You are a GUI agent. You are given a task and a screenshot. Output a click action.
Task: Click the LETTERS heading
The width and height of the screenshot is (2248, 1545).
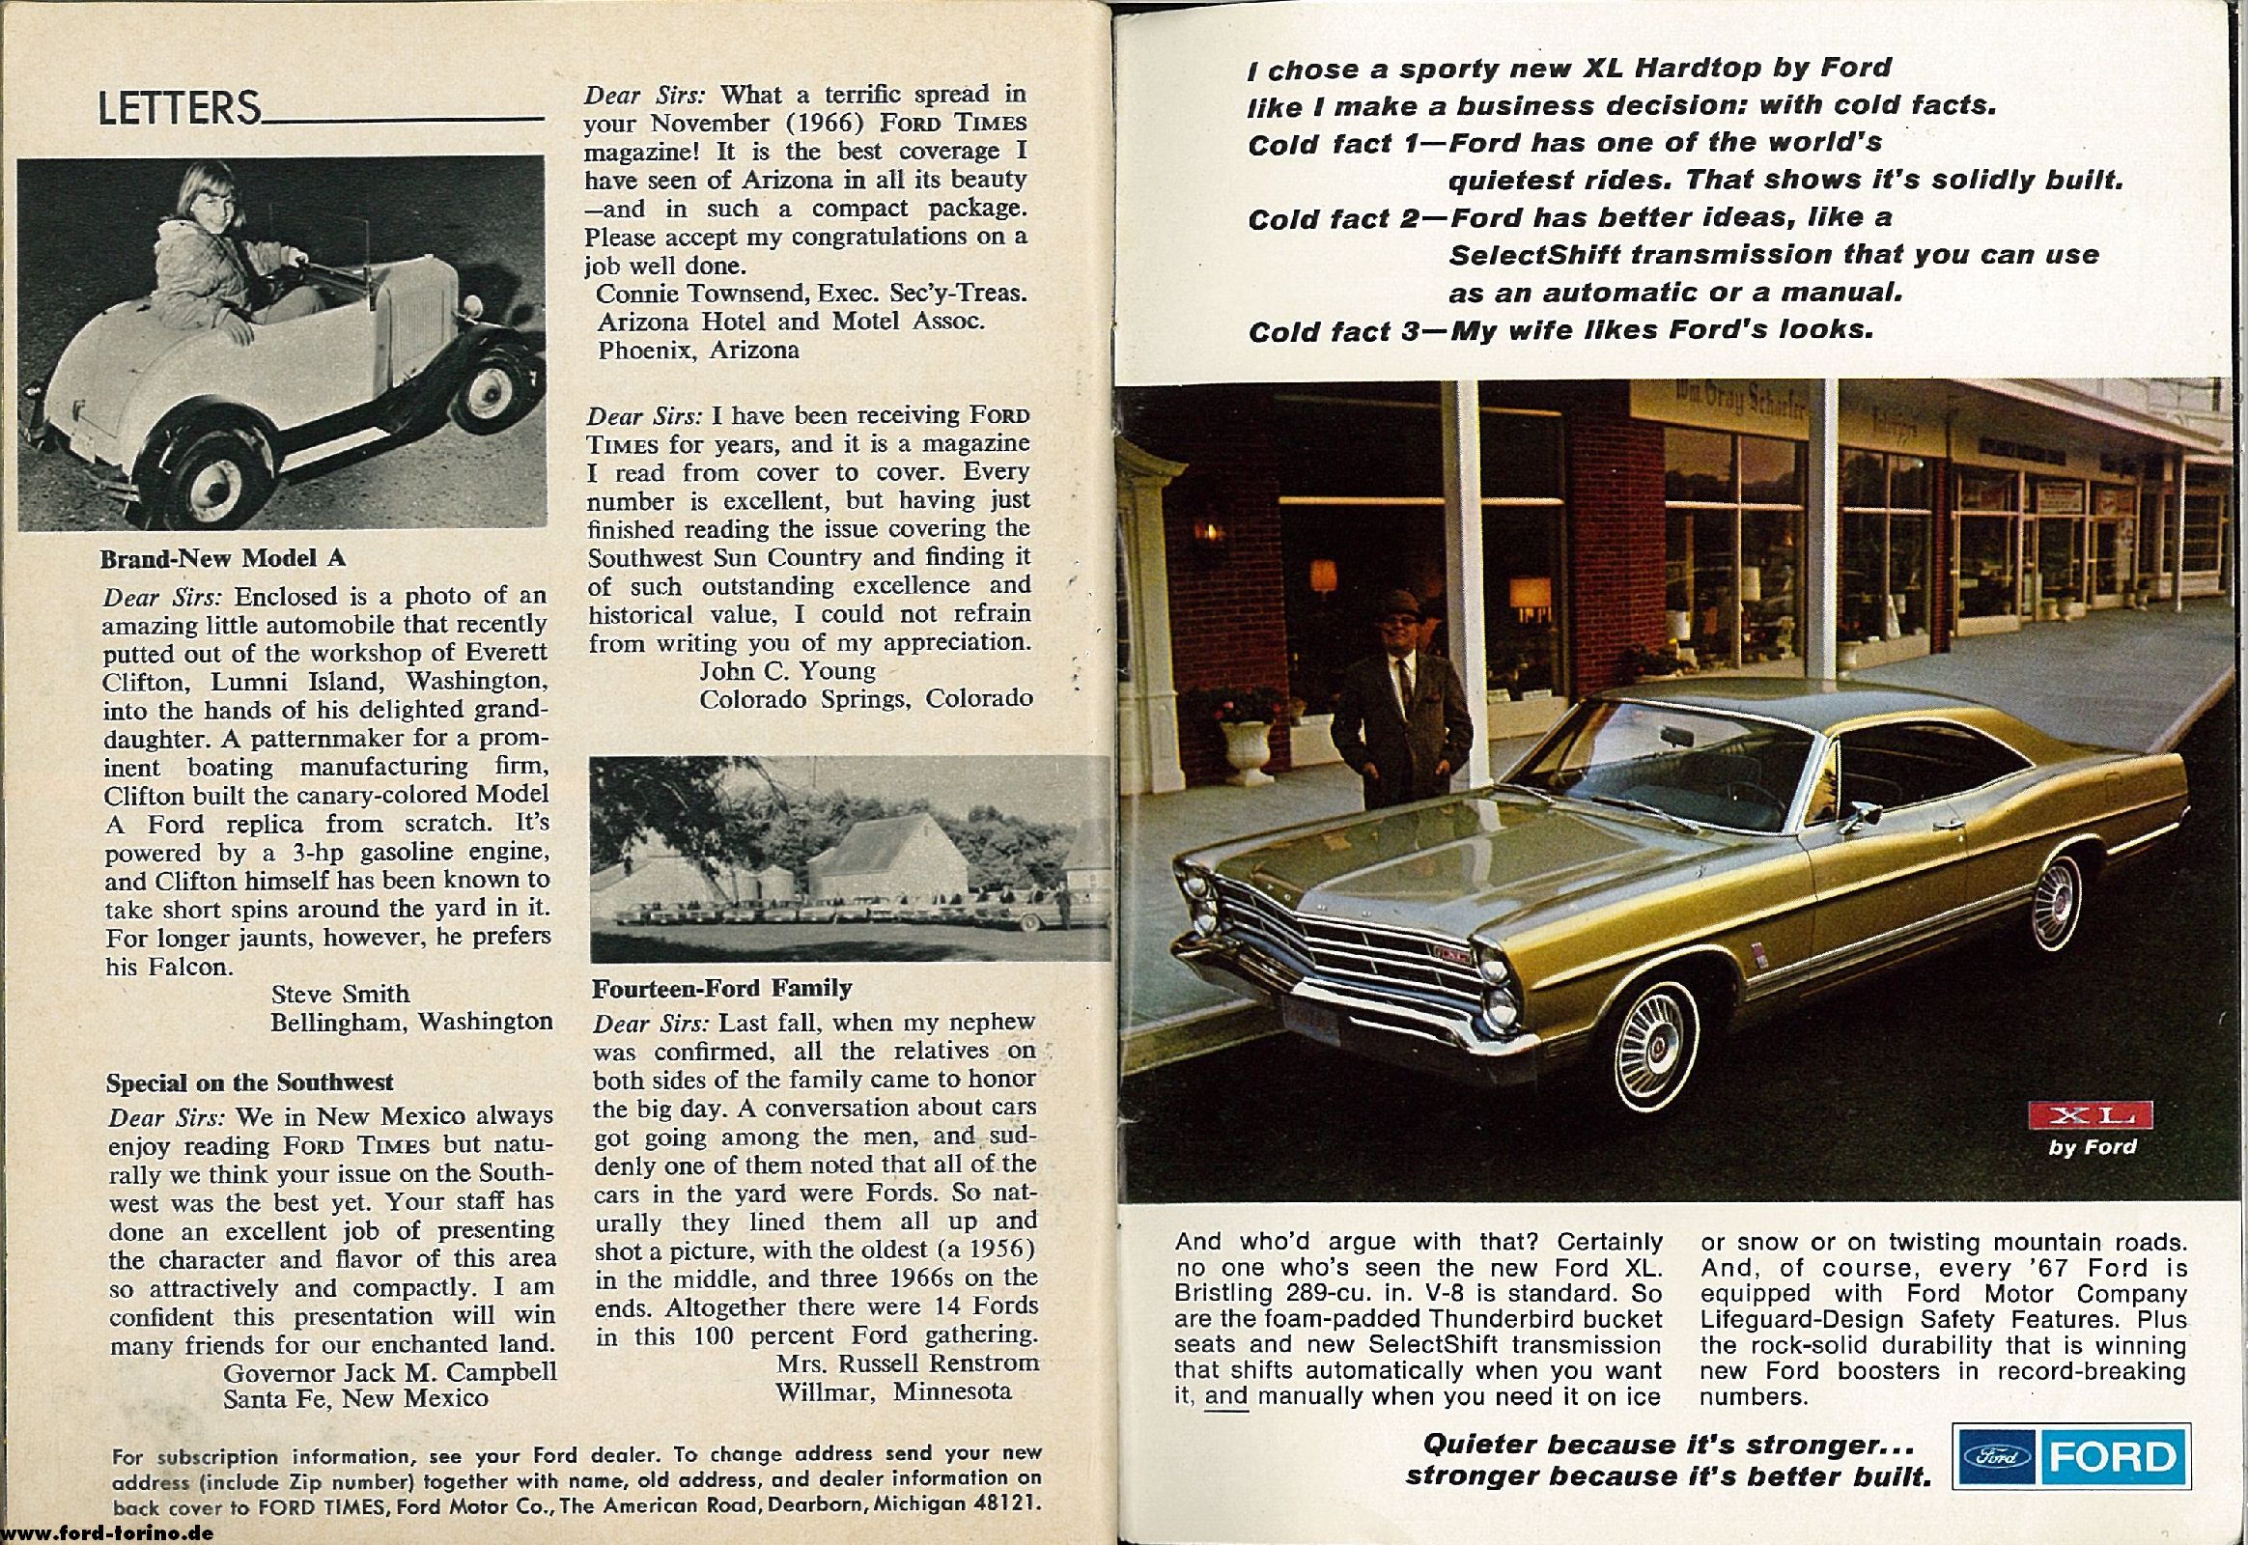(x=180, y=108)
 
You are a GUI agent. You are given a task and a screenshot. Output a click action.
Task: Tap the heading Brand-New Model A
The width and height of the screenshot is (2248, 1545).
(x=223, y=558)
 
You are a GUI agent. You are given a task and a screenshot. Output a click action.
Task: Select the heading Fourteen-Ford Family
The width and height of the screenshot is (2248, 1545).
(x=721, y=989)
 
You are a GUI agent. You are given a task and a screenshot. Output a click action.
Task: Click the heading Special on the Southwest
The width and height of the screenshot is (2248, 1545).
(x=250, y=1081)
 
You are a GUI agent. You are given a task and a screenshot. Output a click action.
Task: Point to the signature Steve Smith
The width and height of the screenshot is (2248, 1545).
(x=340, y=995)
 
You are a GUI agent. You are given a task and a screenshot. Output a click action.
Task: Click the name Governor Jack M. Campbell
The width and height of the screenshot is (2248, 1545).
(x=390, y=1372)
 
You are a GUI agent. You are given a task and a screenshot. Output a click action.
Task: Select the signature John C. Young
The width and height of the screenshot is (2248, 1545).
(x=787, y=671)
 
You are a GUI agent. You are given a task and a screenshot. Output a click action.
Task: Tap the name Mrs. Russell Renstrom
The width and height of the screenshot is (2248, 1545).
(x=907, y=1363)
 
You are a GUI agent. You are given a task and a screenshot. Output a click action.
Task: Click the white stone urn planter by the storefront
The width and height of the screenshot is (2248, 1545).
(x=1247, y=747)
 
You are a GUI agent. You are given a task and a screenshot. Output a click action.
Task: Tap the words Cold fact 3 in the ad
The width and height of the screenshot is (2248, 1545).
(x=1333, y=332)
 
